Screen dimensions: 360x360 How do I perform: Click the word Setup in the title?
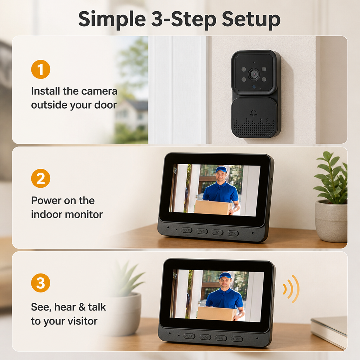tap(251, 20)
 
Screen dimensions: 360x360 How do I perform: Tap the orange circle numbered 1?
tap(41, 69)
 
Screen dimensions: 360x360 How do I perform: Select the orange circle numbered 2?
tap(41, 178)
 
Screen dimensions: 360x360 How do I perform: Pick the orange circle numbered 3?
tap(41, 283)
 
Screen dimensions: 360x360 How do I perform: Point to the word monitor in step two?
tap(84, 215)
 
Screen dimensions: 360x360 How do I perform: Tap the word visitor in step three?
tap(82, 321)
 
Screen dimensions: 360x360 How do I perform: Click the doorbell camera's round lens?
tap(254, 74)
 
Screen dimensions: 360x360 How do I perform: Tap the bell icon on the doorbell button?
tap(253, 113)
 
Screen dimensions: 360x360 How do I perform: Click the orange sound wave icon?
tap(291, 289)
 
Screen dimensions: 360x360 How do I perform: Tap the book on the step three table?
tap(329, 330)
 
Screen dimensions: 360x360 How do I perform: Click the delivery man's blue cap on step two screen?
tap(221, 170)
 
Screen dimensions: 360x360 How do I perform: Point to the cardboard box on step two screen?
tap(213, 207)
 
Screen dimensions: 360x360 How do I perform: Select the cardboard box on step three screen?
tap(216, 313)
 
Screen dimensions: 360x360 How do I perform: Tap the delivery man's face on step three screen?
tap(225, 283)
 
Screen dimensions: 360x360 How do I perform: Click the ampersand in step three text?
tap(82, 307)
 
